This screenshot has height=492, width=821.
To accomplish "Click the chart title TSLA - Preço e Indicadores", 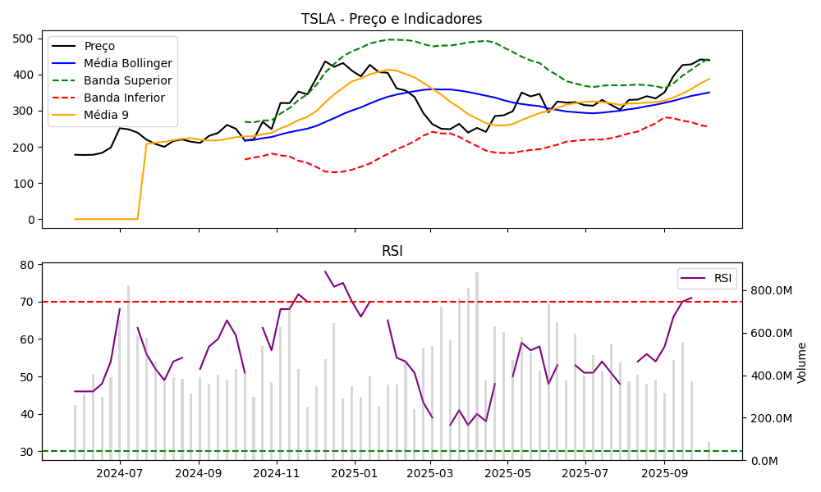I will tap(392, 19).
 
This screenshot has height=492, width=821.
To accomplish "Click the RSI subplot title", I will tap(392, 251).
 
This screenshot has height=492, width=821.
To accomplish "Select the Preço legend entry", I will tap(99, 46).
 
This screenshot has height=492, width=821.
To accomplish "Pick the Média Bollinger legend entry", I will tap(127, 63).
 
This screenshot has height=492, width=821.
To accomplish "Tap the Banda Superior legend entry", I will tap(127, 80).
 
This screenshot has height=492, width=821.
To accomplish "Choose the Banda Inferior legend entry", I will tap(124, 98).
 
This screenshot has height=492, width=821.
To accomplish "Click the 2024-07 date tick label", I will tap(120, 473).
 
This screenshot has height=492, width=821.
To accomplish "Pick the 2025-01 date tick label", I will tap(354, 473).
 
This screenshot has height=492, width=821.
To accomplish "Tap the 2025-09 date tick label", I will tap(664, 473).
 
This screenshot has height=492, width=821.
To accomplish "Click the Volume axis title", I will tap(802, 362).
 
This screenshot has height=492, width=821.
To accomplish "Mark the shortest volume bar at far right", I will tap(709, 452).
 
